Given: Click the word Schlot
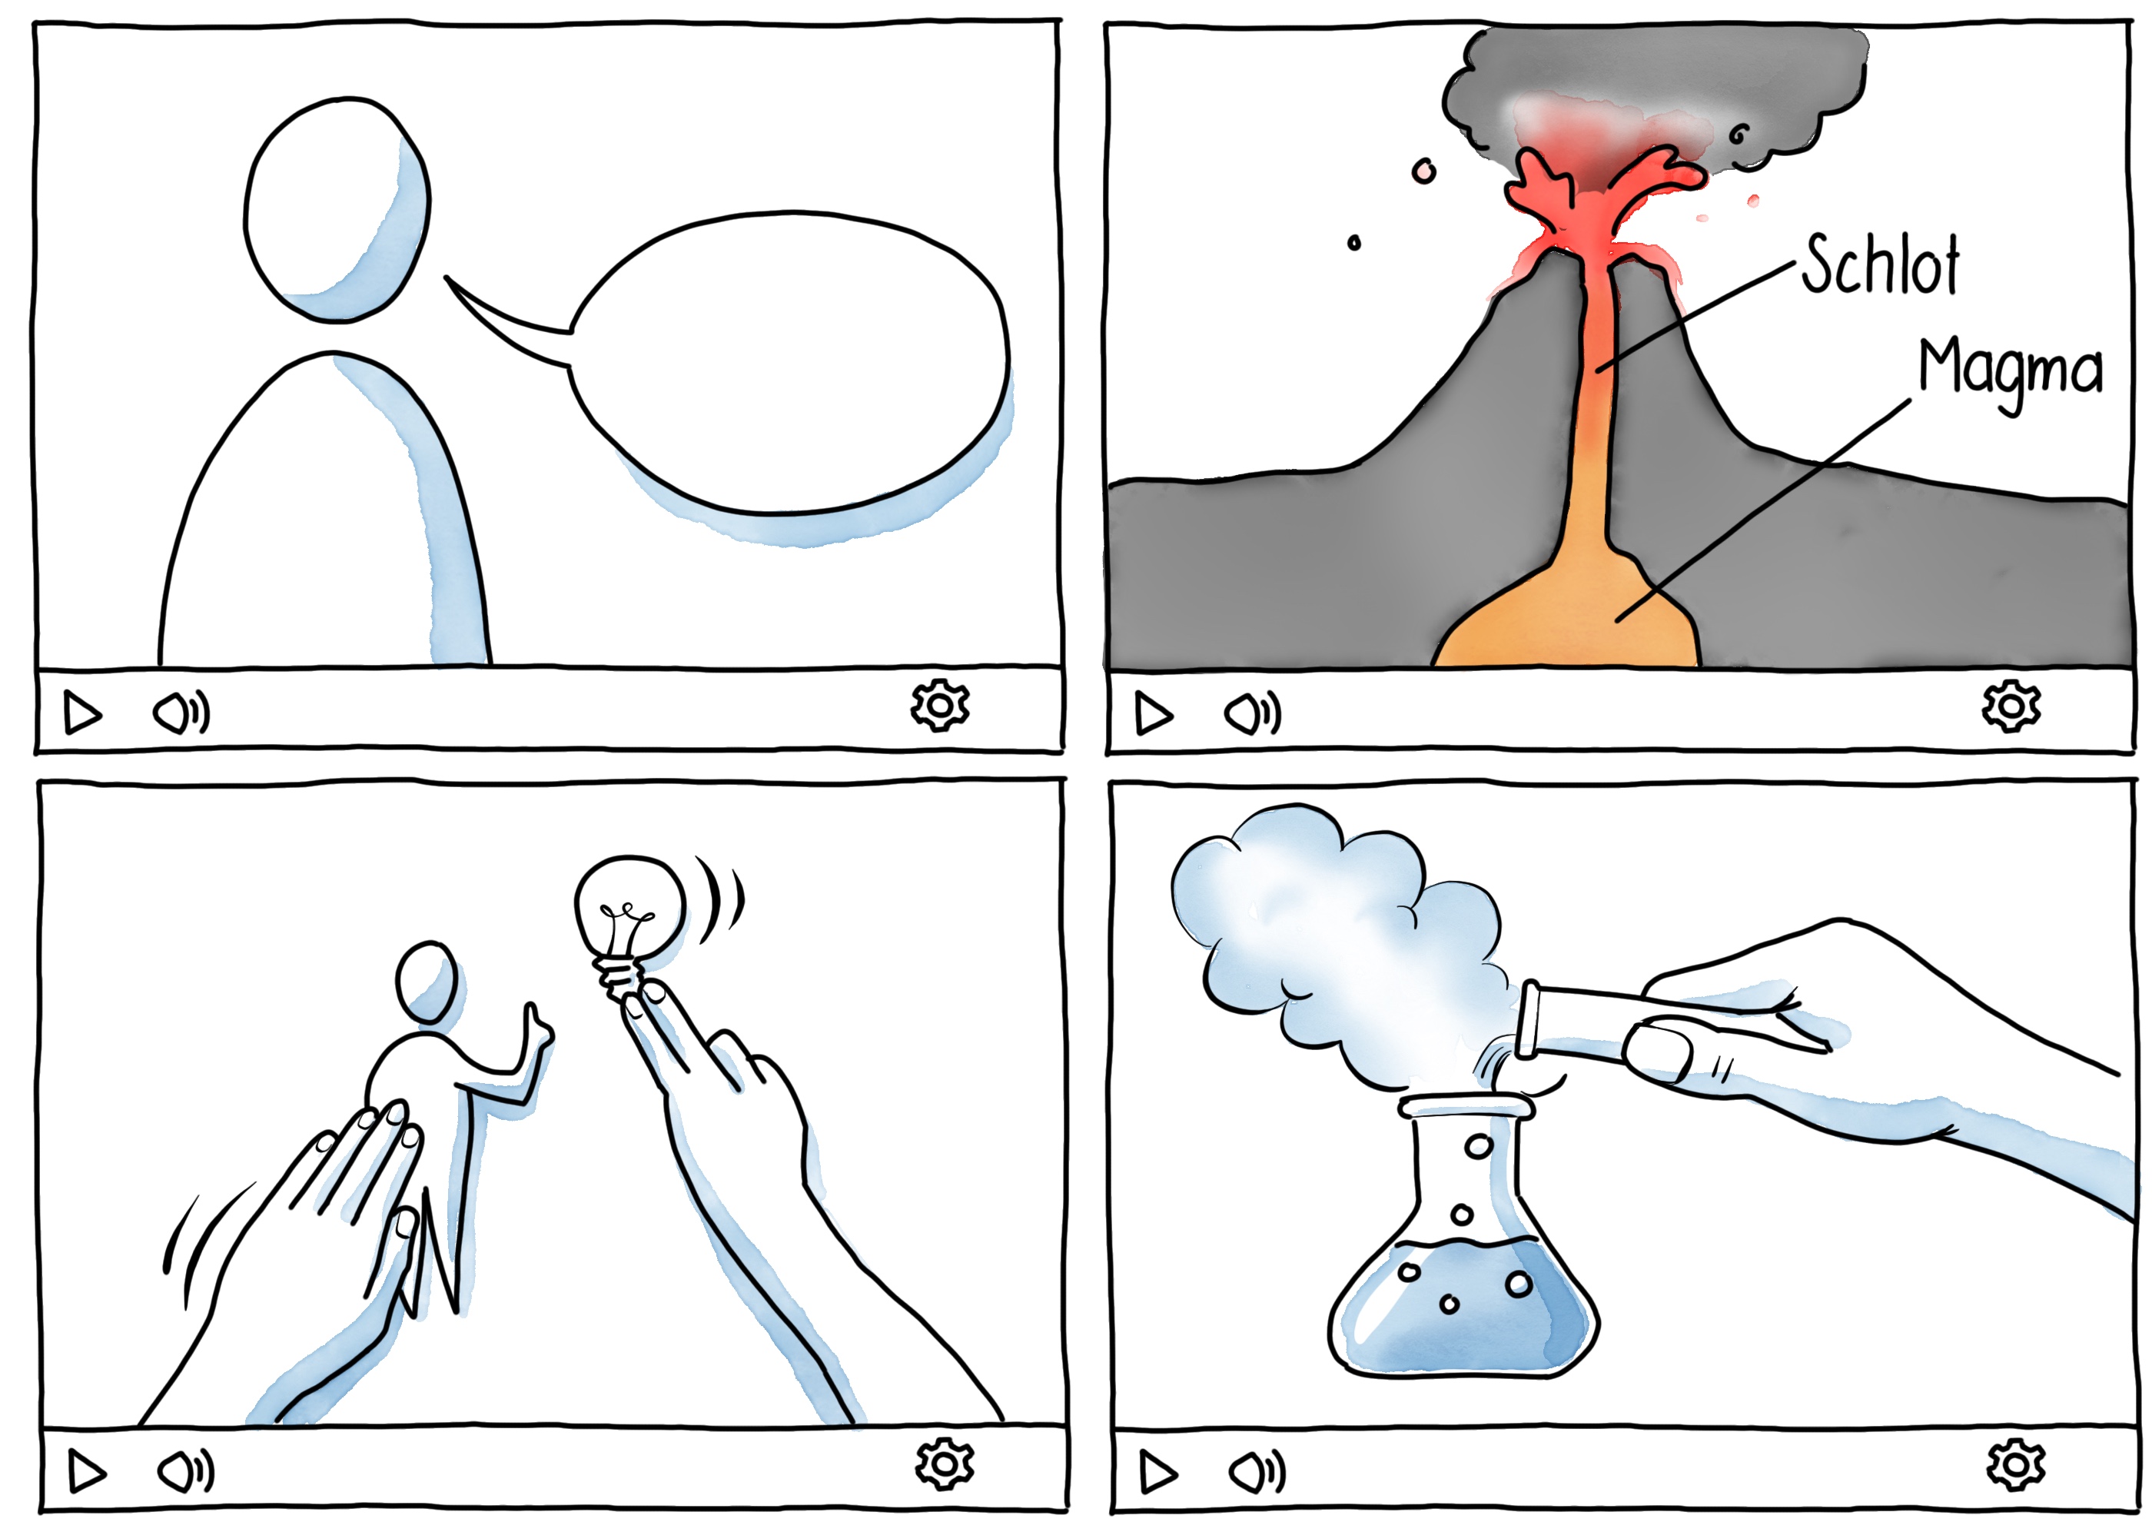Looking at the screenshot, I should pos(1878,265).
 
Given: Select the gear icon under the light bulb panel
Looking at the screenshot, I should pos(944,1464).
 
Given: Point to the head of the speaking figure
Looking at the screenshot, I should pos(337,210).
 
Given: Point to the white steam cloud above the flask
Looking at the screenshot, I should pos(1331,937).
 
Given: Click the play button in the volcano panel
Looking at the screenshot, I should pos(1153,714).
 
